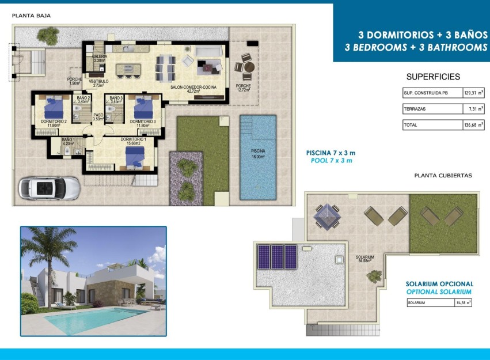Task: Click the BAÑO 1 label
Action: coord(68,142)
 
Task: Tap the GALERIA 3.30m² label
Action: coord(99,58)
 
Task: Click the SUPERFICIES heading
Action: coord(433,77)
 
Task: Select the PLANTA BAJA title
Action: coord(32,16)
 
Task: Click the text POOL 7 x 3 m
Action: coord(331,161)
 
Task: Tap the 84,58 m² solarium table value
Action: coord(463,302)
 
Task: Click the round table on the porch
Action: coord(249,67)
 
